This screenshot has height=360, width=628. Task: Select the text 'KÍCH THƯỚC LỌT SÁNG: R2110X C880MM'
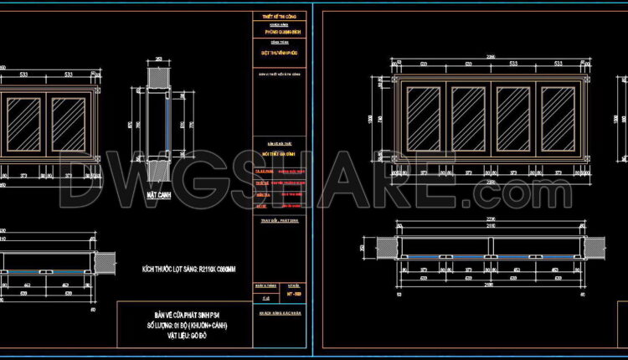pyautogui.click(x=189, y=270)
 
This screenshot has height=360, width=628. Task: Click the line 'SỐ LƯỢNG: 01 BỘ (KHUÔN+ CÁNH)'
pyautogui.click(x=185, y=324)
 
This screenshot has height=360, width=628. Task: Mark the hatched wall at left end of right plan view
pyautogui.click(x=387, y=247)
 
